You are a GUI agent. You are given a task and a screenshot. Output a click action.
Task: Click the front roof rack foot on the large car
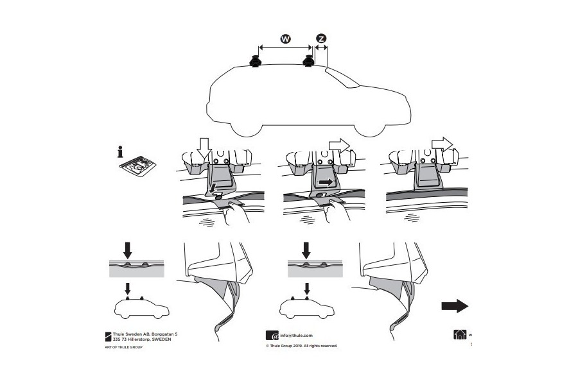tap(256, 62)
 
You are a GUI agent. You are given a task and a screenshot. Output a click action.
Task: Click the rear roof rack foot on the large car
tap(309, 62)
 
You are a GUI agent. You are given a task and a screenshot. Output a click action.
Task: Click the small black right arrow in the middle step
tap(326, 182)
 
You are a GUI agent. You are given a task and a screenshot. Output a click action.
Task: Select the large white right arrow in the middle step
tap(338, 144)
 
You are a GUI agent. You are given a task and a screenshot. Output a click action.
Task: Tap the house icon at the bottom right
tap(459, 335)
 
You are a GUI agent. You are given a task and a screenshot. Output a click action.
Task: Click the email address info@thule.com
tap(296, 335)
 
